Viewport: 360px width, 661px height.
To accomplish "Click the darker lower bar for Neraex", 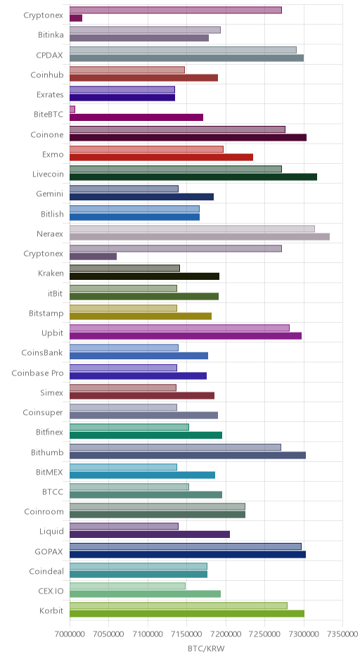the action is [200, 237].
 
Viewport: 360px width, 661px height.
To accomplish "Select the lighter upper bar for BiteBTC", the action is [72, 110].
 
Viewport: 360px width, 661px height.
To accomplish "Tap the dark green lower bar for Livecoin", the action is [193, 177].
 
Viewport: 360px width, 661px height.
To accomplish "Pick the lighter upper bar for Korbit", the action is [179, 605].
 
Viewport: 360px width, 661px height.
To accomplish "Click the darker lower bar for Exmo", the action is [161, 158].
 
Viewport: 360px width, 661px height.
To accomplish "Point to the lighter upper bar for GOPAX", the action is [186, 546].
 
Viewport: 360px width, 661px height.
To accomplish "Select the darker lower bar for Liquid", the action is [150, 534].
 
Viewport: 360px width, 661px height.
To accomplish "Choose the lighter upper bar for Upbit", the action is [179, 328].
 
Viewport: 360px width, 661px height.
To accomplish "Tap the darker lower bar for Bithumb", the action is [188, 455].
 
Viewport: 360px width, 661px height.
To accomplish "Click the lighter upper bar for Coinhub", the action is [127, 70].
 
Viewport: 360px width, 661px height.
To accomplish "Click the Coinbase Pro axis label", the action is [37, 373].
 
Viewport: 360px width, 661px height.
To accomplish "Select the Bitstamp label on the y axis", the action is [46, 313].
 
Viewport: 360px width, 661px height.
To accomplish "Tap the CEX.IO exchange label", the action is [51, 591].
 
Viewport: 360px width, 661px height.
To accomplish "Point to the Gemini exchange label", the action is [50, 194].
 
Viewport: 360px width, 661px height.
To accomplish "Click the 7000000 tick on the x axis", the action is [70, 634].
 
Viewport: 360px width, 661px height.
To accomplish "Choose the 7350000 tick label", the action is [342, 634].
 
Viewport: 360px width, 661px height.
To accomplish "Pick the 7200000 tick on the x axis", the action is [226, 634].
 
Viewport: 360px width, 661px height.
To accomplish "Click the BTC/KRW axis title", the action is [206, 649].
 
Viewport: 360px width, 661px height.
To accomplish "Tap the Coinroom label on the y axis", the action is [44, 511].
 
